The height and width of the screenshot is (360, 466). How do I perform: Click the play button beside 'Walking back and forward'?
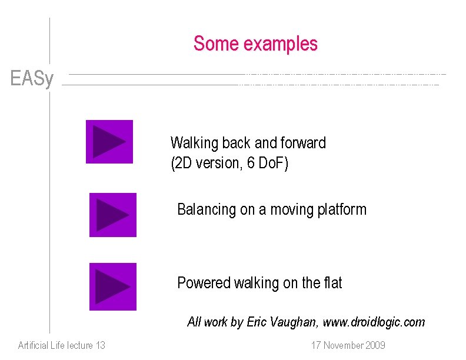point(109,142)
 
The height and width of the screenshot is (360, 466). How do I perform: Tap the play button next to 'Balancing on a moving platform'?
point(112,215)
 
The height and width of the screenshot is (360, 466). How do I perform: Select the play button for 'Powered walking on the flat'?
point(112,286)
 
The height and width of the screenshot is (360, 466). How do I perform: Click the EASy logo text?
point(32,78)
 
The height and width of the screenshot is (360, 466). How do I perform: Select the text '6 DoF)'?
point(268,163)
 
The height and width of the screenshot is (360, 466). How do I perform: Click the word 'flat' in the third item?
point(332,283)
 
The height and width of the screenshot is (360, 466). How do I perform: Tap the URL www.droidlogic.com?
point(374,322)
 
